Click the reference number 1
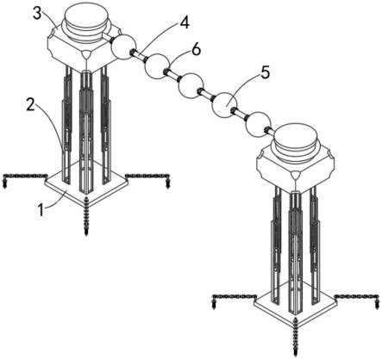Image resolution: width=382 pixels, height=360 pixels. click(x=42, y=210)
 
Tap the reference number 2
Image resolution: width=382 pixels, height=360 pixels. click(x=31, y=105)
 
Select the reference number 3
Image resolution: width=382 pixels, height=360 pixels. click(x=37, y=13)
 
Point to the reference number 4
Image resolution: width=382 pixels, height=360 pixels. click(x=185, y=22)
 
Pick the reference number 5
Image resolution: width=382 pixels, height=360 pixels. click(x=265, y=73)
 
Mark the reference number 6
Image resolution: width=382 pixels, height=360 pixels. click(x=196, y=51)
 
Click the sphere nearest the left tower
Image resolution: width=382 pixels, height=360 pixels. click(x=123, y=47)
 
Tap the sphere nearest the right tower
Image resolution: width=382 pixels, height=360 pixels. click(x=258, y=125)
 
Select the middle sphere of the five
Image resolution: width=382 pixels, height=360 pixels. click(x=191, y=86)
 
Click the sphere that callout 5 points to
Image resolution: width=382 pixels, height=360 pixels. click(x=225, y=105)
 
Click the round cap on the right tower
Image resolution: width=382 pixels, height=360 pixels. click(x=296, y=143)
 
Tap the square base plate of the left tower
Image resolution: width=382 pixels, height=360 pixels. click(x=85, y=184)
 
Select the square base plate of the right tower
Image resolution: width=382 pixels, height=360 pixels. click(x=296, y=305)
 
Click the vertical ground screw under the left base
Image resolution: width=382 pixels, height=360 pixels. click(x=86, y=216)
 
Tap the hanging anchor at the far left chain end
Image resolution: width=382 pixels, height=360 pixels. click(x=4, y=182)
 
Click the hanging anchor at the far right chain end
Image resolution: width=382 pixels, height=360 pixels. click(x=377, y=303)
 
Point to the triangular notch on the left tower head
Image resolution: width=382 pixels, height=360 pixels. click(x=86, y=54)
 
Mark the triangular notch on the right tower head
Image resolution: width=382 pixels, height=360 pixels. click(x=295, y=174)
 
